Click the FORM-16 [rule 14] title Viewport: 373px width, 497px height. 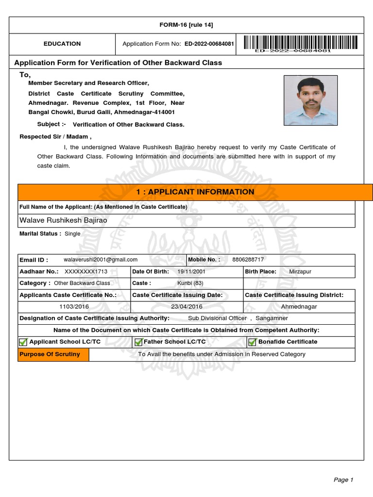(x=186, y=25)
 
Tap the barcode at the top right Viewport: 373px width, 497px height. (x=302, y=44)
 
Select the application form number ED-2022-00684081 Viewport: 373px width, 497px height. (x=208, y=44)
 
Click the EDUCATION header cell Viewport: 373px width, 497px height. (x=62, y=44)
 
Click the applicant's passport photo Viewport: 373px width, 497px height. (x=310, y=100)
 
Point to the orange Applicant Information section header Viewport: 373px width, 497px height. (x=195, y=192)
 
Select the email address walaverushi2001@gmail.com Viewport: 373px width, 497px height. (x=101, y=260)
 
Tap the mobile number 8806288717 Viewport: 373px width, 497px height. (x=248, y=260)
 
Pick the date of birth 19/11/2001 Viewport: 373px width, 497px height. (x=191, y=272)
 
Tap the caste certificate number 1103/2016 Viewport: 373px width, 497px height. (x=74, y=307)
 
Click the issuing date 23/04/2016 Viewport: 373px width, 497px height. (x=186, y=307)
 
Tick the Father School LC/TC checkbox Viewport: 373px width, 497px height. (x=138, y=342)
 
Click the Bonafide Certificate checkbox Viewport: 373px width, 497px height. (x=252, y=342)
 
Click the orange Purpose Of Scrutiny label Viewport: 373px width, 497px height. (x=50, y=354)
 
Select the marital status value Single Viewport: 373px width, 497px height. (x=72, y=233)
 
